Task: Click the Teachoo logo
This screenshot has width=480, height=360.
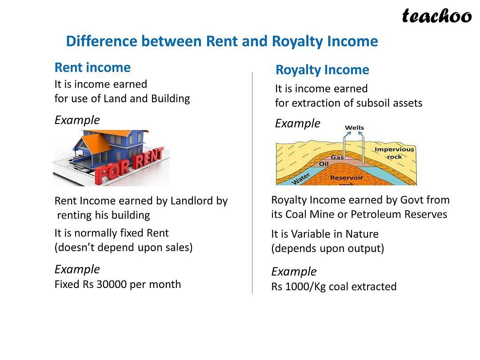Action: coord(437,16)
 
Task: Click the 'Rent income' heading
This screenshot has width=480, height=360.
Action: coord(92,68)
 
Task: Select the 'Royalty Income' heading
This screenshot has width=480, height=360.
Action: coord(322,70)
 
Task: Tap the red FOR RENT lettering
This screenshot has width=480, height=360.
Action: coord(129,165)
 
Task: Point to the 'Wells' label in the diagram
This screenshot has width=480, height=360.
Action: coord(354,128)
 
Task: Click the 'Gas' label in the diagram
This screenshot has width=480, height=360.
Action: coord(337,157)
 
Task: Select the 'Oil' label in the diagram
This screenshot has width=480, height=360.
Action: coord(324,164)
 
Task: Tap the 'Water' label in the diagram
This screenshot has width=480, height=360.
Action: coord(300,179)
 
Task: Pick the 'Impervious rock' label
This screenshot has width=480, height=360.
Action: coord(394,153)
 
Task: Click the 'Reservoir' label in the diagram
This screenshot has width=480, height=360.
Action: coord(346,177)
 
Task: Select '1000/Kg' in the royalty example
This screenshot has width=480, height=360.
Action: coord(305,287)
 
